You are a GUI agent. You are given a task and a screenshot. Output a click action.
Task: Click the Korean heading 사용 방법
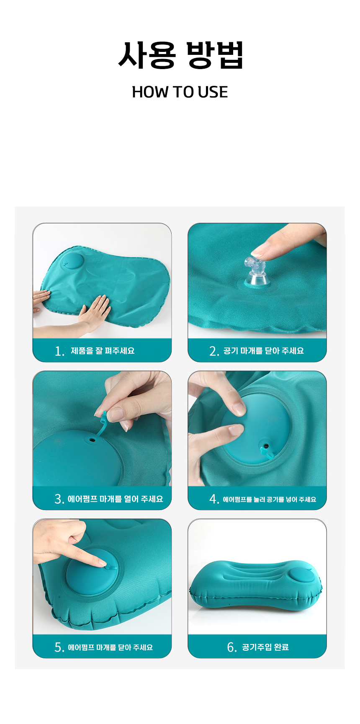(x=180, y=55)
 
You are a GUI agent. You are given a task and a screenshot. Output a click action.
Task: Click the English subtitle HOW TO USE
(x=180, y=92)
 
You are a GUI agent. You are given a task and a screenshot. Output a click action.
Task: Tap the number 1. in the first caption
(x=59, y=351)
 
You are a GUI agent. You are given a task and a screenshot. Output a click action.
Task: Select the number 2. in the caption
(x=214, y=351)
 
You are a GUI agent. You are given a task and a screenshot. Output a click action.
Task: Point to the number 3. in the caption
(x=59, y=499)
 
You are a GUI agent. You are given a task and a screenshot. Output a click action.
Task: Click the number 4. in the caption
(x=214, y=499)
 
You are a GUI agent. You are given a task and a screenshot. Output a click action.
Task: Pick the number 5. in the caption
(x=59, y=647)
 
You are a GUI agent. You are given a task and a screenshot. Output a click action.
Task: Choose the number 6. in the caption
(x=232, y=647)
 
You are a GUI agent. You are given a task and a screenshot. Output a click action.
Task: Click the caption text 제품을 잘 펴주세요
(x=103, y=351)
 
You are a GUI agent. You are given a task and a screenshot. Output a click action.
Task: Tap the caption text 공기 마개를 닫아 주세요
(x=264, y=351)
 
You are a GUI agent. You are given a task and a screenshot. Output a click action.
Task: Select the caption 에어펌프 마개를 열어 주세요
(x=116, y=499)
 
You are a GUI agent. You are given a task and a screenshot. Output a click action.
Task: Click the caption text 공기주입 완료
(x=265, y=647)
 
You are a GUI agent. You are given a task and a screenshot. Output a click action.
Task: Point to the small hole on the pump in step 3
(x=92, y=440)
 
